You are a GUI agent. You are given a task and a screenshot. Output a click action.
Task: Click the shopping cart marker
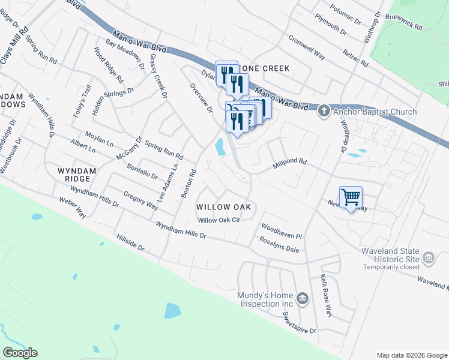351,197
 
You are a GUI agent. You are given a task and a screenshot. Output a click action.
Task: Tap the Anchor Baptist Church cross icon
324,110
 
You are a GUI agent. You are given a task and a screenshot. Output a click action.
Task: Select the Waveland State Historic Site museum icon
429,259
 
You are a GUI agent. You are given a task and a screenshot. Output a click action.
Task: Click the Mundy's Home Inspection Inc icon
303,298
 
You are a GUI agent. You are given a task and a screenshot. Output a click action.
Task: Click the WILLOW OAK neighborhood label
222,207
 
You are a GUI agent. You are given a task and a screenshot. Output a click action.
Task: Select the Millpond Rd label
289,162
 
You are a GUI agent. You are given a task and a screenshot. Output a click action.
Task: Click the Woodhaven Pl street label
281,232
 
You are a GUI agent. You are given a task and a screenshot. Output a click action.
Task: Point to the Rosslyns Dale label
279,244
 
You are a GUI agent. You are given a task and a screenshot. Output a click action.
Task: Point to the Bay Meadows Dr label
125,53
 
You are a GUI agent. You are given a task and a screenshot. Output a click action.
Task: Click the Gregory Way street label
140,200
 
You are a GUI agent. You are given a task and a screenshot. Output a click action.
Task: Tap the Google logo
20,353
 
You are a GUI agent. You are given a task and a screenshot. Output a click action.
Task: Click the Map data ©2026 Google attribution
411,355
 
